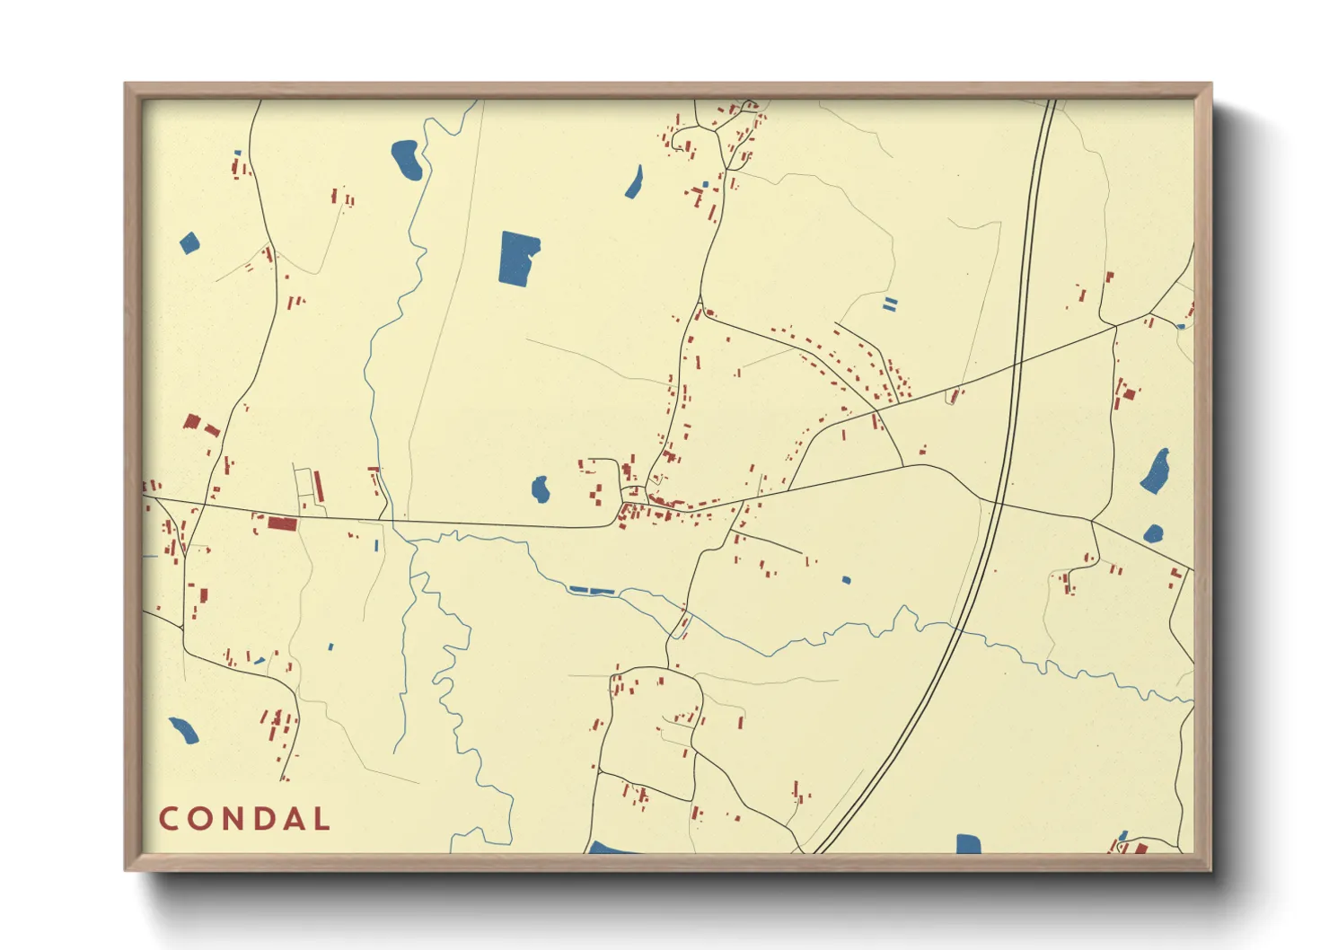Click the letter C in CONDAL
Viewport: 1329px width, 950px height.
(168, 819)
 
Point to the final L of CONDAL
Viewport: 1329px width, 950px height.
(321, 819)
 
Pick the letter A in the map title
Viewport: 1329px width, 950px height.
(292, 819)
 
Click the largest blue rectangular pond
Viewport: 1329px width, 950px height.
(518, 259)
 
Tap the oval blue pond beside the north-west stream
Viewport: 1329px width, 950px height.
(407, 159)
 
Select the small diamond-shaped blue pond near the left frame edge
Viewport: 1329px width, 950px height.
(189, 242)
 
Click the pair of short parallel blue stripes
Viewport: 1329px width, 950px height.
(889, 304)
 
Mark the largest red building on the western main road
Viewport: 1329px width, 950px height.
(282, 523)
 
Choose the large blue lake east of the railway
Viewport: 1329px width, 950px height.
(1156, 471)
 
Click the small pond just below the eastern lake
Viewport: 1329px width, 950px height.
(1154, 534)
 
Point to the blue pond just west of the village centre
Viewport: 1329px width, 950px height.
(540, 489)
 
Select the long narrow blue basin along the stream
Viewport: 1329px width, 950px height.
(591, 590)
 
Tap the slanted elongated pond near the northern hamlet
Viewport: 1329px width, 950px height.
(635, 182)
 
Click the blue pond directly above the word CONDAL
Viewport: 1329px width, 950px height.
(184, 731)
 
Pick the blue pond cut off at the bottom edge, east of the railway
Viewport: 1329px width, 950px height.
(968, 843)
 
